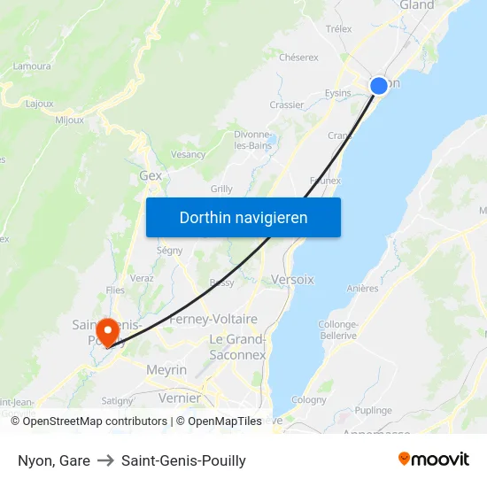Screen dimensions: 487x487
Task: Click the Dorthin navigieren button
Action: [243, 217]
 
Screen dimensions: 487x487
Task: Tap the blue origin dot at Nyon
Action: [378, 85]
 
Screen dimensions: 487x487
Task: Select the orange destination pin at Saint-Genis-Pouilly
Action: [108, 332]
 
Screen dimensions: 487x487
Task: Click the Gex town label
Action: [151, 175]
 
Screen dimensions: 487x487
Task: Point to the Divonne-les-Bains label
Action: [252, 140]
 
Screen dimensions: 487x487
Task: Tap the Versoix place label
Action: [292, 279]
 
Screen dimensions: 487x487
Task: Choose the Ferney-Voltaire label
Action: [213, 319]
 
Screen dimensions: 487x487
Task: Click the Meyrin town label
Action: [166, 369]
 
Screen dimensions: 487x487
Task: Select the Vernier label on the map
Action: [180, 398]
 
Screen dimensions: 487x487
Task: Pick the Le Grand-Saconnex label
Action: [237, 347]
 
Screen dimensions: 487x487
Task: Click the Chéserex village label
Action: [298, 58]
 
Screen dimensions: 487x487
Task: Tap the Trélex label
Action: [338, 29]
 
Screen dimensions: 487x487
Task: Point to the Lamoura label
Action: [32, 66]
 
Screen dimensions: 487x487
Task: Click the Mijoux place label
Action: [69, 120]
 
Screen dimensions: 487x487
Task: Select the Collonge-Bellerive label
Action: [337, 330]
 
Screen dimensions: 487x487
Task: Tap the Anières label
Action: [363, 288]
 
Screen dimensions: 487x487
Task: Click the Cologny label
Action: [309, 399]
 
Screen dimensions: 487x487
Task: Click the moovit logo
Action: [433, 460]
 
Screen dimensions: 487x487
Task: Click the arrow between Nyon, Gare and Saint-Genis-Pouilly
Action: [105, 460]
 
